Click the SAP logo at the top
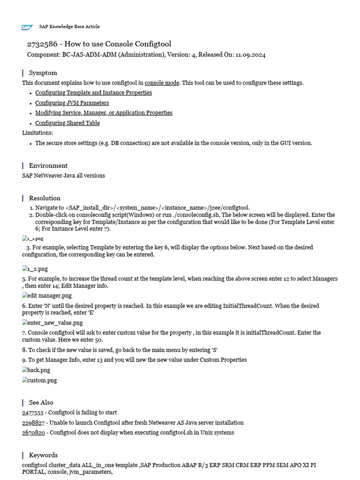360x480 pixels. point(27,27)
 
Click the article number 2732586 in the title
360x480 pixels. point(42,44)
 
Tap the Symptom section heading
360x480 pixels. point(43,73)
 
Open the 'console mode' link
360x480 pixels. point(162,82)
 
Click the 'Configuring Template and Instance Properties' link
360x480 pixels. point(93,93)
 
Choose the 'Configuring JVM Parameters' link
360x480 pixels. point(72,103)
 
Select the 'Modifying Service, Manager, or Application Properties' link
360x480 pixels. point(104,113)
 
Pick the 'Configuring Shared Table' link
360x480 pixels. point(67,123)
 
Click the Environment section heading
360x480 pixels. point(48,165)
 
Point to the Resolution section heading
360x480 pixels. point(45,198)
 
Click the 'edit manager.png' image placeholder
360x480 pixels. point(47,296)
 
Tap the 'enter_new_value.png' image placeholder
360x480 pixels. point(52,322)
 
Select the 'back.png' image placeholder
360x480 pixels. point(36,370)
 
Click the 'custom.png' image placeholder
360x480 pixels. point(39,380)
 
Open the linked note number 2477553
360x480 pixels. point(32,412)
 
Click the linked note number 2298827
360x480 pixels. point(33,422)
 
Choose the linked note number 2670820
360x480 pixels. point(33,433)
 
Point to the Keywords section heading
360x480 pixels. point(43,455)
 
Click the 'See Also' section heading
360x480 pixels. point(41,402)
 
